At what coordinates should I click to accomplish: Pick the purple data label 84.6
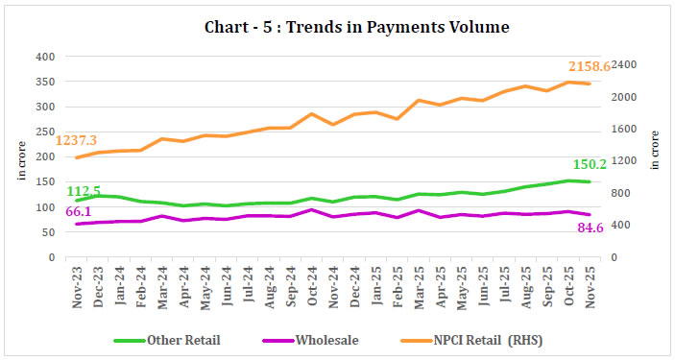point(615,228)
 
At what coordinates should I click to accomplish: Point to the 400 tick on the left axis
point(44,56)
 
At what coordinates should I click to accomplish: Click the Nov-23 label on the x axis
point(78,282)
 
